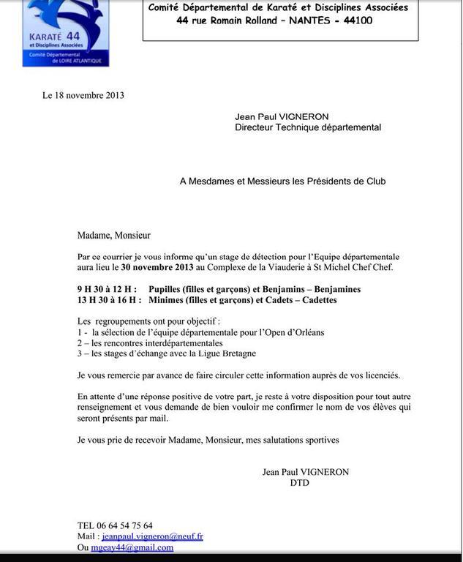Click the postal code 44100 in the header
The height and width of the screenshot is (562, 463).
[354, 20]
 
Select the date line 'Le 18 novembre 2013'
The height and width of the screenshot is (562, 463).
[83, 95]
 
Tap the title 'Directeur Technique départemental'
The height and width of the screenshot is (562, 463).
[308, 127]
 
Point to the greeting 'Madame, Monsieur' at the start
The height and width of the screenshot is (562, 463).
[114, 235]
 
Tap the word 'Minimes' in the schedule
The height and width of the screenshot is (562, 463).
[167, 300]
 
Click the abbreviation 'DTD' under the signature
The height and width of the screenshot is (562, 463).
[300, 483]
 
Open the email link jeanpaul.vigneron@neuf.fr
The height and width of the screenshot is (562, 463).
[152, 536]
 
